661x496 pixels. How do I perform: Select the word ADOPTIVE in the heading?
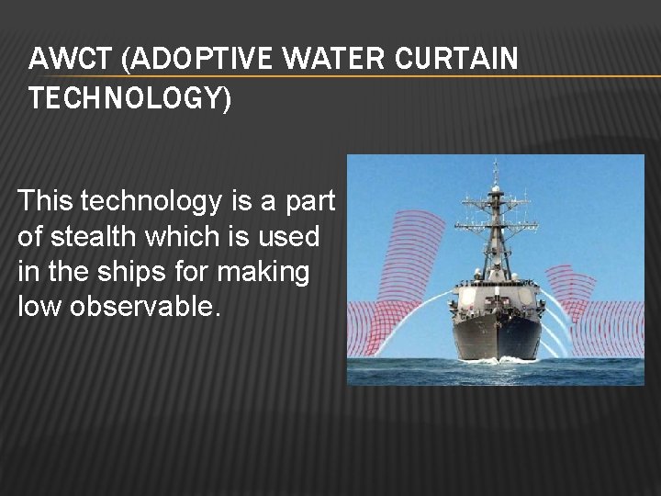tap(187, 59)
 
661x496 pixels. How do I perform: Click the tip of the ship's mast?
tap(496, 163)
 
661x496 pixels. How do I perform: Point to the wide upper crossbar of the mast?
tap(496, 200)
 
